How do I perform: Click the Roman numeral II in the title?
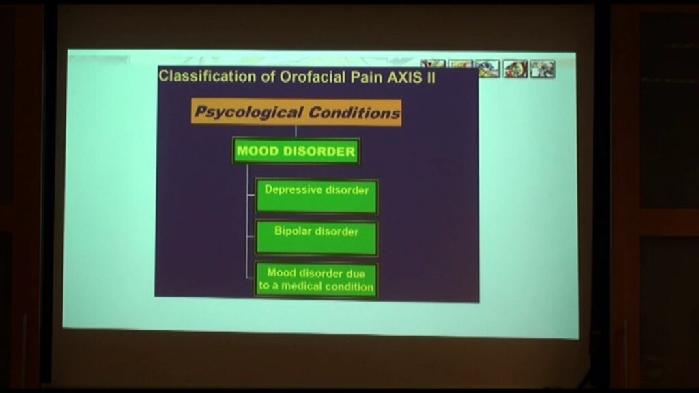pyautogui.click(x=431, y=78)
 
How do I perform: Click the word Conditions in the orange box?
pyautogui.click(x=354, y=113)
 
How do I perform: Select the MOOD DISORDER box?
pyautogui.click(x=296, y=151)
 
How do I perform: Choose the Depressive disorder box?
pyautogui.click(x=317, y=196)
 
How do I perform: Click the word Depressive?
pyautogui.click(x=293, y=190)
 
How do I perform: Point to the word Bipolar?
pyautogui.click(x=294, y=231)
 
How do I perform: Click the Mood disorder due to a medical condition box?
pyautogui.click(x=317, y=279)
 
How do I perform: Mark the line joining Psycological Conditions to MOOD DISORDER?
pyautogui.click(x=296, y=132)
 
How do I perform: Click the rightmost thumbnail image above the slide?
pyautogui.click(x=543, y=69)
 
